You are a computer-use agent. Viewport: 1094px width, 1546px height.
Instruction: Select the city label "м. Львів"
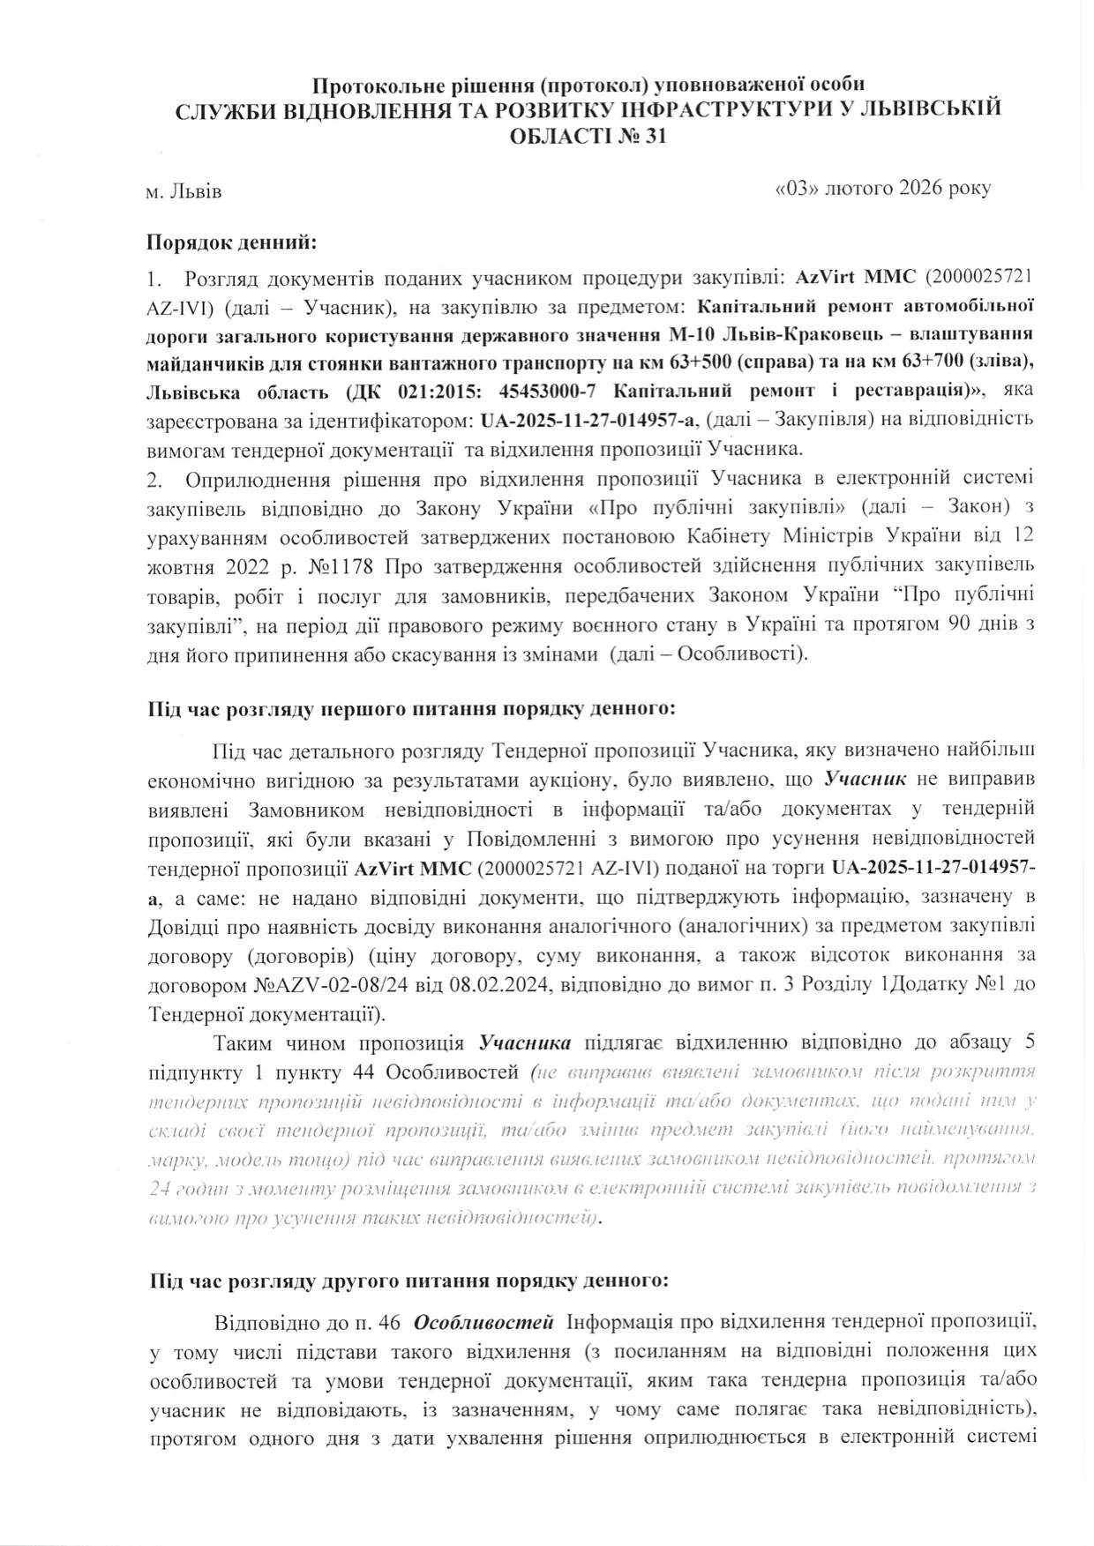[184, 191]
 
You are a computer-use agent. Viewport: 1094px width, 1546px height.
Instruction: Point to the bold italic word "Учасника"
[525, 1043]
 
